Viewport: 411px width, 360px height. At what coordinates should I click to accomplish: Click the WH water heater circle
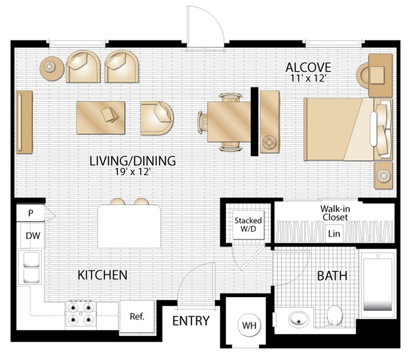[x=249, y=325]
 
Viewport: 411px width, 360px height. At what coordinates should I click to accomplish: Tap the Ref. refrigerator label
[x=137, y=317]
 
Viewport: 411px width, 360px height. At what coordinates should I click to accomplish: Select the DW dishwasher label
[x=33, y=235]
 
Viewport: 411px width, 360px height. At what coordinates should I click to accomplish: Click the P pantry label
[x=31, y=213]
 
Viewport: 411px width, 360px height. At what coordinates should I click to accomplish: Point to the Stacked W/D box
[x=248, y=225]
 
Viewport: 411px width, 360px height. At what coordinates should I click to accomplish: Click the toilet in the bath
[x=335, y=315]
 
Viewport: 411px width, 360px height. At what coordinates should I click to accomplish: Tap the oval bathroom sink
[x=299, y=319]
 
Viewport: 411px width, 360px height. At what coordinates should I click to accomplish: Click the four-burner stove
[x=80, y=314]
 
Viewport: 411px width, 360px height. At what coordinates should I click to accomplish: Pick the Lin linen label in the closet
[x=334, y=234]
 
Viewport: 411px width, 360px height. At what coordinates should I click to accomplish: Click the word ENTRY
[x=191, y=321]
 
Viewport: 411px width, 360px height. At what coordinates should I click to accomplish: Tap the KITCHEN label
[x=103, y=275]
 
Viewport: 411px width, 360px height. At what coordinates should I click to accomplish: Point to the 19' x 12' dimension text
[x=132, y=172]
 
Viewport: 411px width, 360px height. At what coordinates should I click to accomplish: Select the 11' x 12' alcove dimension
[x=308, y=78]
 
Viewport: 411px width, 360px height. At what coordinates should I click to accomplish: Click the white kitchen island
[x=129, y=226]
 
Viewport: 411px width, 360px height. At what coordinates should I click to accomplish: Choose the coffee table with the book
[x=100, y=118]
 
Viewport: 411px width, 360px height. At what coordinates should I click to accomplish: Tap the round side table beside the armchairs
[x=51, y=69]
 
